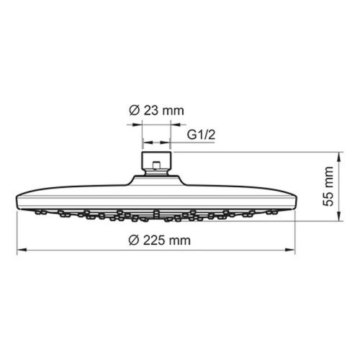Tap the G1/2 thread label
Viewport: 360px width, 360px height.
pos(201,135)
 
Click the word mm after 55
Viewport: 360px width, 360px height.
pos(328,175)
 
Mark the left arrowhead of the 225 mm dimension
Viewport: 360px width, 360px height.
pos(19,250)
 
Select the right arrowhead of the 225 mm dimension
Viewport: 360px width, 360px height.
pos(293,250)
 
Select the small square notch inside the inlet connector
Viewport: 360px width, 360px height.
pos(156,170)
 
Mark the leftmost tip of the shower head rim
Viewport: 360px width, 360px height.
pos(16,200)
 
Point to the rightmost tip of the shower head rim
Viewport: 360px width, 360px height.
pos(296,200)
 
